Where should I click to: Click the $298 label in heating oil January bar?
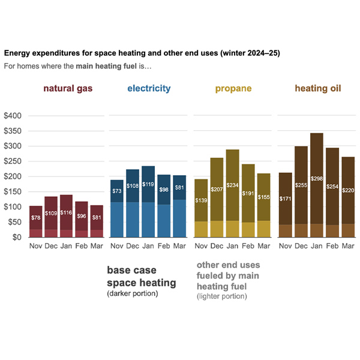[317, 179]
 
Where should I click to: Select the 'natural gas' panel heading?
[68, 89]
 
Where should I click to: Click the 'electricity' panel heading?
[149, 89]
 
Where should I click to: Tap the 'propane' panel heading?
[233, 89]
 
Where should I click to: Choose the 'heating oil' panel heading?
[317, 89]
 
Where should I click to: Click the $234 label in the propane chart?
[233, 185]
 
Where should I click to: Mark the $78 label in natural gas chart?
[36, 217]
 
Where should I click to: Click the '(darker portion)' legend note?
[133, 294]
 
